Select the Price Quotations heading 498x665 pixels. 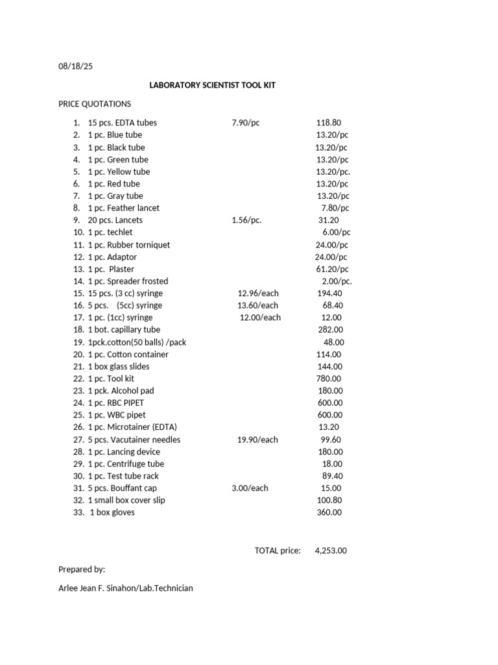(x=95, y=104)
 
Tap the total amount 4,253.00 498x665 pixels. (x=331, y=551)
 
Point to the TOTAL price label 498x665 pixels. (x=278, y=551)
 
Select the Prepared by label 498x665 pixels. (x=82, y=570)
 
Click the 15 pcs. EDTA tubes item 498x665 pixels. (x=122, y=123)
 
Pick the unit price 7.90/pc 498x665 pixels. (x=246, y=123)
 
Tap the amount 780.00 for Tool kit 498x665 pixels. (x=329, y=379)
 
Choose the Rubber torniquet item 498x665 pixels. (x=129, y=245)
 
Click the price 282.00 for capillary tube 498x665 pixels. (x=329, y=330)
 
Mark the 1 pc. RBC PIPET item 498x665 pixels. (x=116, y=403)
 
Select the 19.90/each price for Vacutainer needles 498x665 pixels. (x=257, y=440)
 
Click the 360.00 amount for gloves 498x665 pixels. (x=329, y=512)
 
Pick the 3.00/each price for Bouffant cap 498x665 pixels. (x=250, y=488)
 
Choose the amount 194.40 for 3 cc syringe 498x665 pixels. (x=330, y=294)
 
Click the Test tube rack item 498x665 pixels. (x=123, y=476)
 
